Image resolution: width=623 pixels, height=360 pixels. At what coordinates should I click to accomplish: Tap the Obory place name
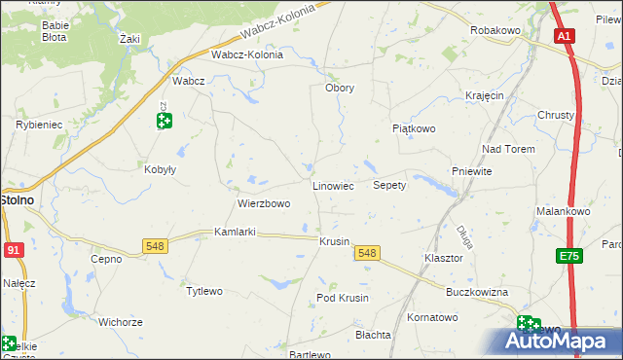(x=339, y=88)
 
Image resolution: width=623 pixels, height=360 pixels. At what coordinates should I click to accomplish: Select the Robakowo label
(x=496, y=31)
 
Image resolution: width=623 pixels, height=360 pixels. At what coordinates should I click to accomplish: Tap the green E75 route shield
(x=569, y=256)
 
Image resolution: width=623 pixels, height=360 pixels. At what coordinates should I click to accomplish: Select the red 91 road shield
(x=12, y=249)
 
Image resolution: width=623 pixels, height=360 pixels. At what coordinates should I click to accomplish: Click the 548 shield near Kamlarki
(x=155, y=246)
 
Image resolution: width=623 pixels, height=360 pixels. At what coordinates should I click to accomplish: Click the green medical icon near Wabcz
(x=164, y=121)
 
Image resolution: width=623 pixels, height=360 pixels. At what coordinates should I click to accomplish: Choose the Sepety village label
(x=389, y=185)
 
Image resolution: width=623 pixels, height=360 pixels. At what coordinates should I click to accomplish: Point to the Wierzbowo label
(x=264, y=204)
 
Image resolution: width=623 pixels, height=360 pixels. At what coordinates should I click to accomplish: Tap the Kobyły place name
(x=160, y=168)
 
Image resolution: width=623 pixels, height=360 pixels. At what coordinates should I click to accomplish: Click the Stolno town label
(x=17, y=199)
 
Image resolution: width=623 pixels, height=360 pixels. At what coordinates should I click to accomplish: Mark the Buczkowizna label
(x=477, y=292)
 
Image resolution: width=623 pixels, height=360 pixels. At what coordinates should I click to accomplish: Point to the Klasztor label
(x=443, y=259)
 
